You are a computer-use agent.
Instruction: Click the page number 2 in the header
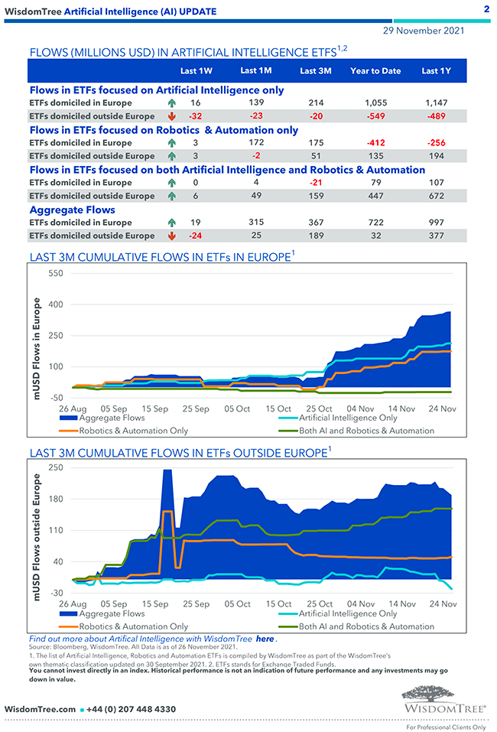(487, 9)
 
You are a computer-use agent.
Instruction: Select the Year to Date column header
(375, 71)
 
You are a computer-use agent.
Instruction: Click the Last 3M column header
(315, 71)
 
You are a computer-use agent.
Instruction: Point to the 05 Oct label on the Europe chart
(236, 409)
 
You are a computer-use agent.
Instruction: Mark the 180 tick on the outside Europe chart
(56, 499)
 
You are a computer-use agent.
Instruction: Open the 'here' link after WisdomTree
(265, 638)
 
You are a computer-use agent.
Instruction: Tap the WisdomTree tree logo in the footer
(443, 695)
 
